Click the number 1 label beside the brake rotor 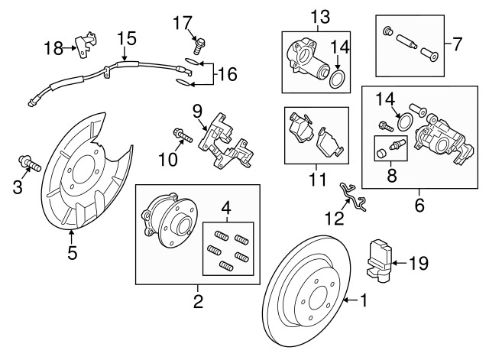point(363,301)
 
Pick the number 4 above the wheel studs point(225,209)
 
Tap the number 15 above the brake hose point(125,38)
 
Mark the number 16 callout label point(227,74)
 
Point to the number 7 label point(458,44)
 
